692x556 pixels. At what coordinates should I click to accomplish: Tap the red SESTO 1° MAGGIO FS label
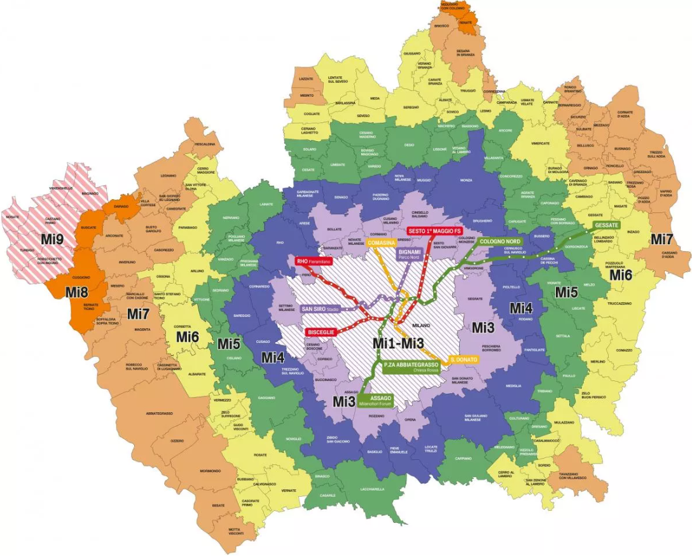tap(434, 230)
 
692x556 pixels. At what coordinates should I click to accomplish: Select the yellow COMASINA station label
tap(382, 243)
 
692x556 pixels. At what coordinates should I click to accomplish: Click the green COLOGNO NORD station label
tap(501, 242)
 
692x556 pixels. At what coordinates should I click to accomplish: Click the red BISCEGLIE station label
tap(321, 332)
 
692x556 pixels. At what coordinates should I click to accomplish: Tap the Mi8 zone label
tap(76, 293)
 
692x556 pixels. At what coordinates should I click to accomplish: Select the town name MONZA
tap(466, 181)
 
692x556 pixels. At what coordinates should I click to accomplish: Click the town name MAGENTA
tap(141, 330)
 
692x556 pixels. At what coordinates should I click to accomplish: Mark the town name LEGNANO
tap(168, 176)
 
